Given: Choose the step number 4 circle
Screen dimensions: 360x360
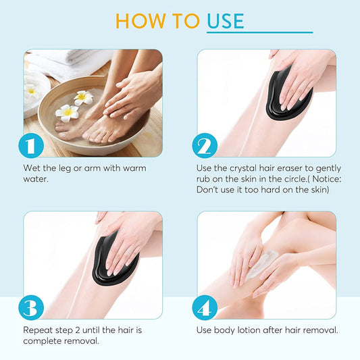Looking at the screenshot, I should [x=205, y=308].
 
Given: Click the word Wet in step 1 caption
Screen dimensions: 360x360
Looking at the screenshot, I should [x=32, y=168].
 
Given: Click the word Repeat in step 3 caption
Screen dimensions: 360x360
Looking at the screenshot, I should [x=39, y=330].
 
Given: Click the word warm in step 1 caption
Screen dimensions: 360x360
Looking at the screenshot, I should [x=133, y=168].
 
